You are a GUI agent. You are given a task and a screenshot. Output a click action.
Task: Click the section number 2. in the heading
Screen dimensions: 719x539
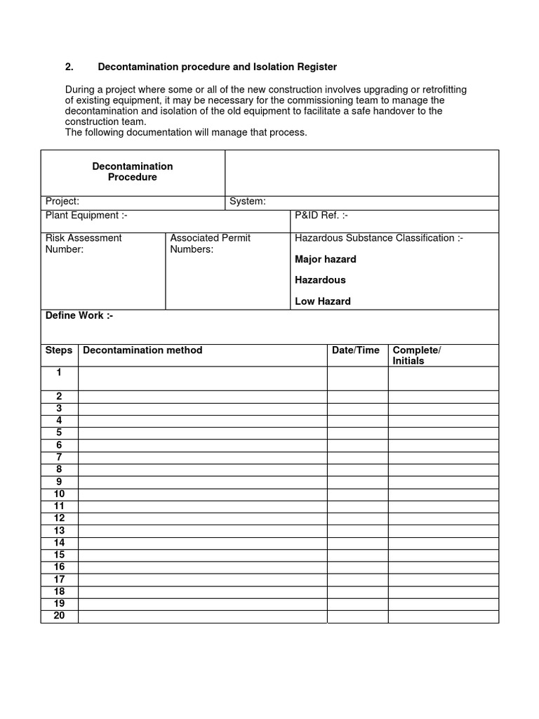[x=69, y=67]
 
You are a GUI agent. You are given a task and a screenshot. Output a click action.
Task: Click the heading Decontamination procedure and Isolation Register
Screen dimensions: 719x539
[x=217, y=67]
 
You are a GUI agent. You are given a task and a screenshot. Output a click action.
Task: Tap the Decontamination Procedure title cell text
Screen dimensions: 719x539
[x=133, y=172]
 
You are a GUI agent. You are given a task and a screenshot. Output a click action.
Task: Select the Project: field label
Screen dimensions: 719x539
[x=62, y=202]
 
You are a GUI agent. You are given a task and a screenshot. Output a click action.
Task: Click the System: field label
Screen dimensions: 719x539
[x=247, y=202]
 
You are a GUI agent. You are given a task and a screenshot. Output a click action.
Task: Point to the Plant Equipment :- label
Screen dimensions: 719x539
[x=86, y=216]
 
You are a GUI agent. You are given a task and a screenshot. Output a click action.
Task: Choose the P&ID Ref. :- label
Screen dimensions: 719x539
[x=321, y=216]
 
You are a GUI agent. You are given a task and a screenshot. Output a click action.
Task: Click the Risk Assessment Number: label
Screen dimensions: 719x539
[x=84, y=244]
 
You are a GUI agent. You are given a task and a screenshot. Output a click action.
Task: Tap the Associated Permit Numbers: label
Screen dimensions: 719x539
[x=210, y=244]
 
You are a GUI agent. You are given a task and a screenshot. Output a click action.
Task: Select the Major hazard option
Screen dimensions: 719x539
[x=325, y=259]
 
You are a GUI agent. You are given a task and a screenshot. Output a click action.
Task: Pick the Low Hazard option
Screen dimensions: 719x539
[x=322, y=301]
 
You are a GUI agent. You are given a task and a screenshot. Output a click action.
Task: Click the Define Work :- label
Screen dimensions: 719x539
[x=79, y=315]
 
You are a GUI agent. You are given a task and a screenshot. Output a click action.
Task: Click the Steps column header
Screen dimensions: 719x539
[x=59, y=350]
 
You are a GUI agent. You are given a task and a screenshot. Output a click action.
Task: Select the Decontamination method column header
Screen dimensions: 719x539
[x=142, y=350]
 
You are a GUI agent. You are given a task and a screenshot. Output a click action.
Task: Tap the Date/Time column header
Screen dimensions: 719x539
[x=355, y=350]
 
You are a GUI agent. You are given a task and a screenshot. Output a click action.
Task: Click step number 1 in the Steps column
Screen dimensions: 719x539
[x=59, y=372]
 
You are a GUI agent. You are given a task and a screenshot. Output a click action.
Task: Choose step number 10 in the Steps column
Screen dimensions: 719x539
[x=59, y=494]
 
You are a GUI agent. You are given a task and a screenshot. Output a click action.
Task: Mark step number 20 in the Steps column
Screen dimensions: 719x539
[x=59, y=616]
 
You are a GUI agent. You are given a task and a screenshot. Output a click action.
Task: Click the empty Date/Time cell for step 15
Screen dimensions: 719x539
[x=357, y=555]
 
